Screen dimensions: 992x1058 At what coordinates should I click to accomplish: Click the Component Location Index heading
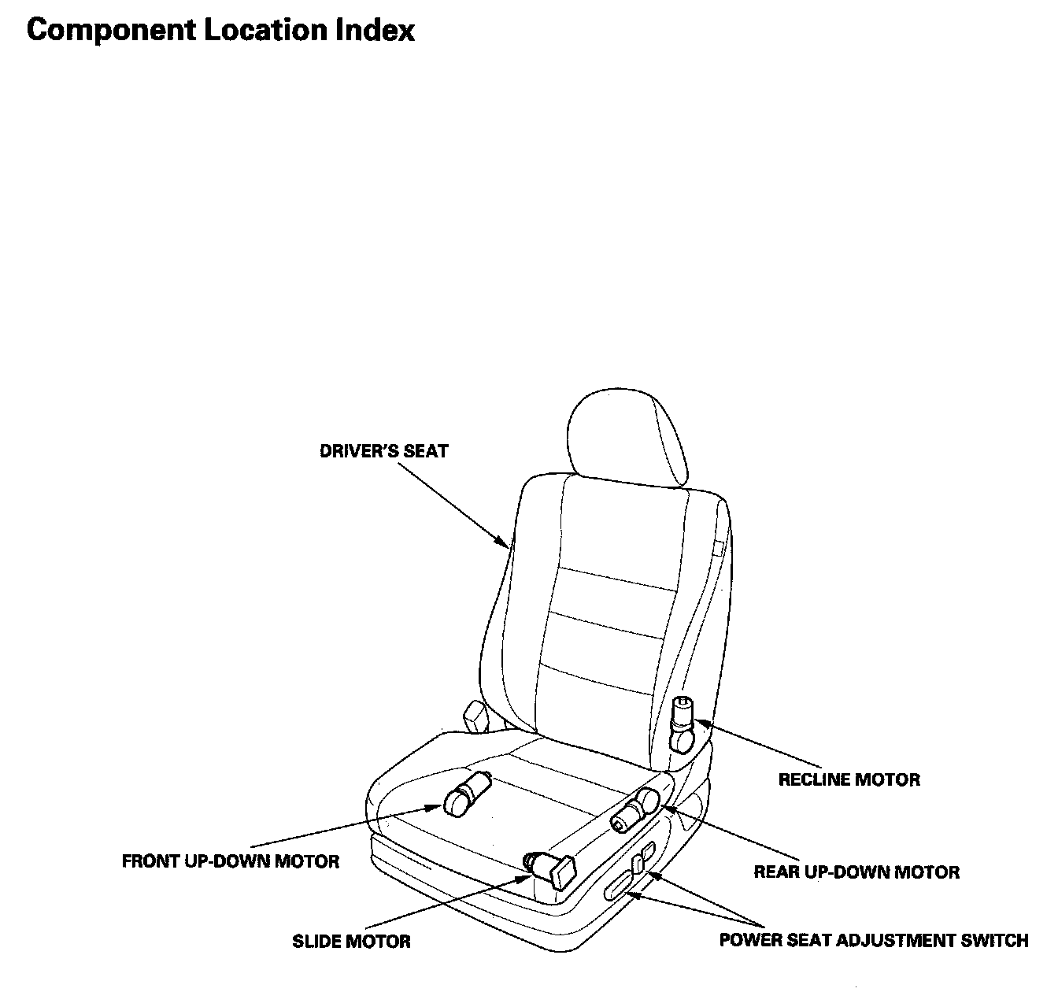[220, 30]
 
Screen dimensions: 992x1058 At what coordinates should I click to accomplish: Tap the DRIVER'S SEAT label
[383, 451]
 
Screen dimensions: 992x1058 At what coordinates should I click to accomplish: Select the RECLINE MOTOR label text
[849, 779]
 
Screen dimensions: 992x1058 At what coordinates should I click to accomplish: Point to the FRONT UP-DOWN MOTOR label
[231, 861]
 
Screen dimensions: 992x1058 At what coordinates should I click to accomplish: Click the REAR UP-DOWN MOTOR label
[856, 872]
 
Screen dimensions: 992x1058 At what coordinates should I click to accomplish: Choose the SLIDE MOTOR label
[351, 941]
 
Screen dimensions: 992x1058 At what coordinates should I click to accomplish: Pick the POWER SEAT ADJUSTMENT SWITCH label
[874, 940]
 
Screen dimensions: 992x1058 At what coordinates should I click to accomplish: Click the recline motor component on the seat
[682, 723]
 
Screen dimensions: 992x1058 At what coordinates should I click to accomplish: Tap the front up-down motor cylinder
[467, 793]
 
